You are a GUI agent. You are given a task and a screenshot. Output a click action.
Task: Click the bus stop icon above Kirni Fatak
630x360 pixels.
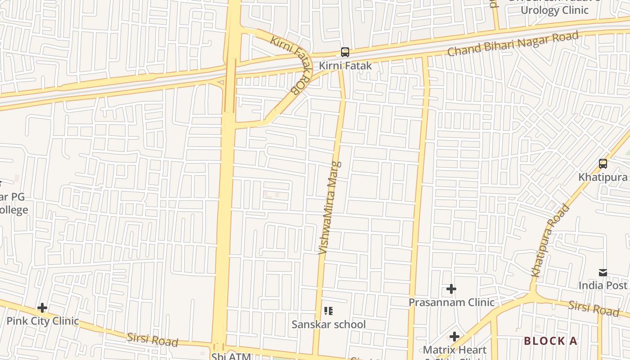(345, 52)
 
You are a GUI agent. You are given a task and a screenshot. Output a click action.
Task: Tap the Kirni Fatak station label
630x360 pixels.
(345, 66)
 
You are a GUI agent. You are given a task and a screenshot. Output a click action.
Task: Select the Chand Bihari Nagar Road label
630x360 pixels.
(513, 44)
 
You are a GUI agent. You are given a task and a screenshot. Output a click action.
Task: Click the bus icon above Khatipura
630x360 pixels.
(603, 164)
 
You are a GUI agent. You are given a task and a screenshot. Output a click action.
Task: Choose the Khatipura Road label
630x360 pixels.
(550, 240)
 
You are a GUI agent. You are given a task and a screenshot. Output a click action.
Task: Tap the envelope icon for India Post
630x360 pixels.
(603, 273)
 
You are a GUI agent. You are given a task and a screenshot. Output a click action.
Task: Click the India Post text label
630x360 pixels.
(603, 285)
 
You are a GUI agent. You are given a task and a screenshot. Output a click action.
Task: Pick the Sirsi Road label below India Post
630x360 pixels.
(593, 308)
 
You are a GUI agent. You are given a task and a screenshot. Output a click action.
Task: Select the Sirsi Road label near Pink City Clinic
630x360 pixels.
(153, 339)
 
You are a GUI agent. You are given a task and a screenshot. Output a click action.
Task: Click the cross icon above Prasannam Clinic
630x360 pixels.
(451, 289)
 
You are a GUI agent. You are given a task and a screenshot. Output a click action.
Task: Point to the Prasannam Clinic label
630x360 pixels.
(451, 302)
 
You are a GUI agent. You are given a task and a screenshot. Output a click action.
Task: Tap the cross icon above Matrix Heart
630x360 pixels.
(454, 337)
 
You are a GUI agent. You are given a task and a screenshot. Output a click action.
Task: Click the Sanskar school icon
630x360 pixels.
(328, 311)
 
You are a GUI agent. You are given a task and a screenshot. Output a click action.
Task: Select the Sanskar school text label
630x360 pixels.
(328, 324)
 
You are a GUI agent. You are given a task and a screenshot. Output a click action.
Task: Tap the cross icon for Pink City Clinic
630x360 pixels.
(42, 308)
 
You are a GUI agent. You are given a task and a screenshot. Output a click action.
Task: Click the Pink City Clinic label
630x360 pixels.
(43, 321)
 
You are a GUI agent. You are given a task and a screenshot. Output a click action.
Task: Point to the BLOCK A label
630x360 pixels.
(550, 341)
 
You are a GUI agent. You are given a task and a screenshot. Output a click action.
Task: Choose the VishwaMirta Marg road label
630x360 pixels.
(330, 207)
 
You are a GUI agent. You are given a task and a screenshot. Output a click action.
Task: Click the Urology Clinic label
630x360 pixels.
(554, 10)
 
